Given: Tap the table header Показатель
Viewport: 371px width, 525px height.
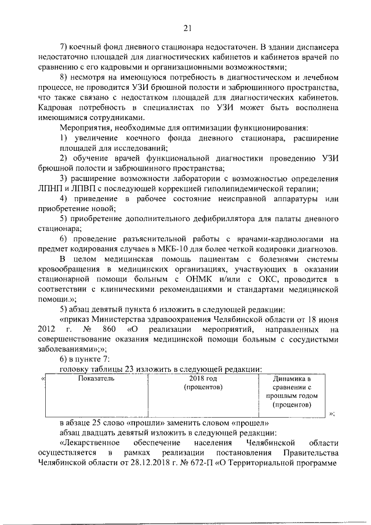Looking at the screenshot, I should pos(96,378).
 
